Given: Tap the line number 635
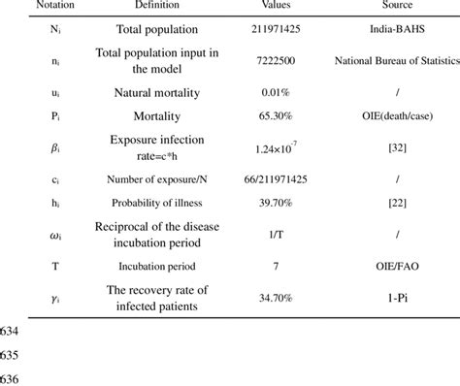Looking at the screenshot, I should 11,351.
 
